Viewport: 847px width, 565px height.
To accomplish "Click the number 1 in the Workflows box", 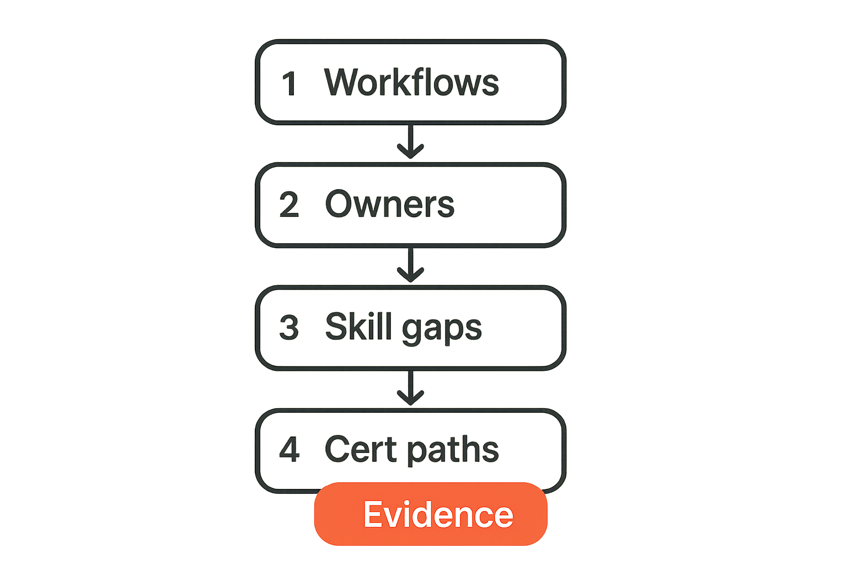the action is pyautogui.click(x=290, y=83).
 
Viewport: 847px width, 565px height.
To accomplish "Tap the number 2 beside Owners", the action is pyautogui.click(x=290, y=204).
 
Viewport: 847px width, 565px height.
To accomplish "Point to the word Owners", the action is pyautogui.click(x=390, y=204).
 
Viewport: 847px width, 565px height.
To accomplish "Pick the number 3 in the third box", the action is pyautogui.click(x=290, y=327).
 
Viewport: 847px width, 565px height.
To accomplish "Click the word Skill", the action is pyautogui.click(x=358, y=326).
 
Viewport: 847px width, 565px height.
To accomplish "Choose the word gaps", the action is pyautogui.click(x=442, y=329).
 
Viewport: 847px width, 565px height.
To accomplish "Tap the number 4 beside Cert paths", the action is pyautogui.click(x=290, y=449).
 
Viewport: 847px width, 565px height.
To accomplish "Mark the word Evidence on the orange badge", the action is pyautogui.click(x=438, y=514).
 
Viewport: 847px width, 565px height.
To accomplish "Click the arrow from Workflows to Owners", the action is pyautogui.click(x=411, y=142).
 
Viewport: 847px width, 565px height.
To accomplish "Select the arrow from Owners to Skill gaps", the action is pyautogui.click(x=411, y=265).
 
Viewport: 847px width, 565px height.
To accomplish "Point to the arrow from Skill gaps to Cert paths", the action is pyautogui.click(x=411, y=388).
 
